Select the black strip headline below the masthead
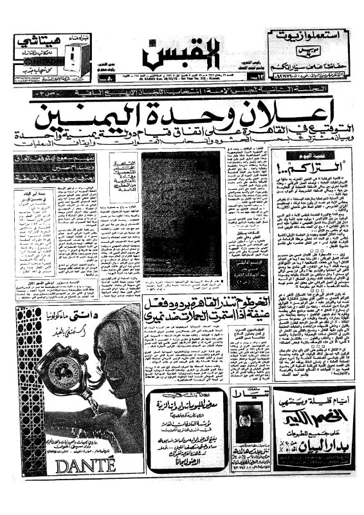click(x=182, y=94)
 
